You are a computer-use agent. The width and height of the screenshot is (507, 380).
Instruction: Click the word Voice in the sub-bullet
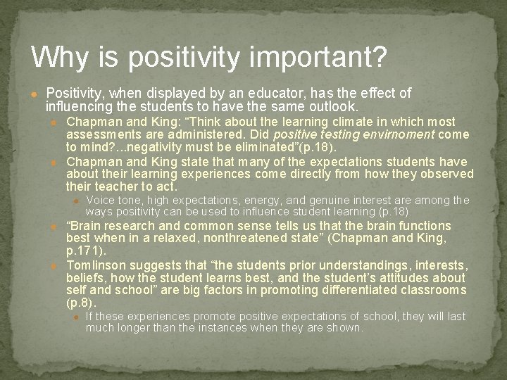(99, 201)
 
